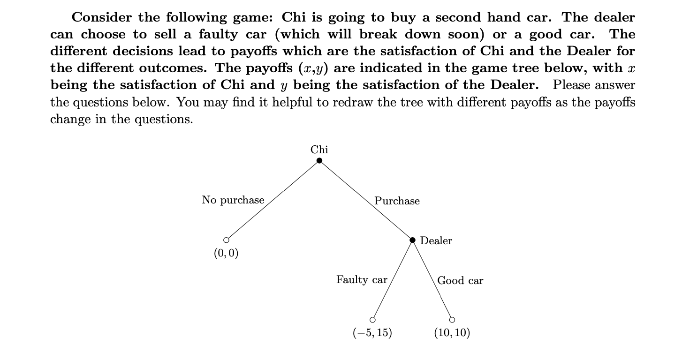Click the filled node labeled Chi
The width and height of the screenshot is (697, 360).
(x=319, y=161)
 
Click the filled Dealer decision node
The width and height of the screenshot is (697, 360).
(x=413, y=240)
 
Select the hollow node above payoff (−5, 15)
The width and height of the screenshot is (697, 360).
(x=372, y=320)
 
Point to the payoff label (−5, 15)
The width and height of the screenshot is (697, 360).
(x=372, y=333)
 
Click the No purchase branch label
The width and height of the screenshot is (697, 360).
(x=233, y=200)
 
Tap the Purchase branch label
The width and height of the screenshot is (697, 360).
(x=397, y=201)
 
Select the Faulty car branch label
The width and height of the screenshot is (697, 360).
(x=362, y=280)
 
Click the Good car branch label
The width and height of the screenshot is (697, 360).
(x=460, y=281)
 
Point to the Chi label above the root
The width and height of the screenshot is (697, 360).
(x=319, y=150)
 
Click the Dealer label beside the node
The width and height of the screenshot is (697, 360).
(x=436, y=241)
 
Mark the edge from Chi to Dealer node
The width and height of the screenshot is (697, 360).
(x=366, y=200)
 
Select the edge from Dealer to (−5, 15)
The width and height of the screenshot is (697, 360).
(x=393, y=280)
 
